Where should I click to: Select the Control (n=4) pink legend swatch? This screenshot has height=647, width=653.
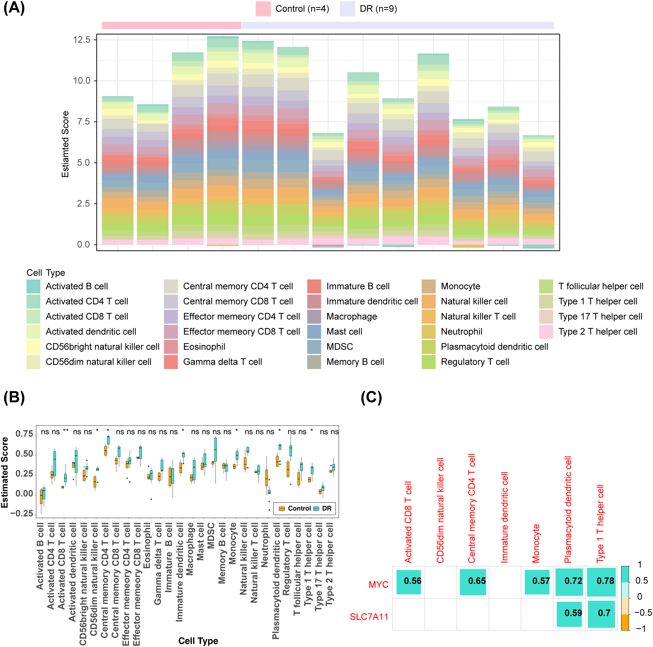(263, 9)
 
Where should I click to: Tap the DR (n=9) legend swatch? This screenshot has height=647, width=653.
(347, 9)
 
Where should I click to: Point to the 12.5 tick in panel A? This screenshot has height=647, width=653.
(82, 40)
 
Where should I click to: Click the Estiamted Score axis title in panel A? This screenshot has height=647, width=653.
(65, 144)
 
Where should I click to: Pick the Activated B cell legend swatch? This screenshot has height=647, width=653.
(33, 286)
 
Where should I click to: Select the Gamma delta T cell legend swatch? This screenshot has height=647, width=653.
(171, 362)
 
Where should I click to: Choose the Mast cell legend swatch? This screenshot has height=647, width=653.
(314, 331)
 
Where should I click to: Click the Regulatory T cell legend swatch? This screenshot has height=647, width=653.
(428, 362)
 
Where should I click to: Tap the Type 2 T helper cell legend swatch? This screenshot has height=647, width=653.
(546, 331)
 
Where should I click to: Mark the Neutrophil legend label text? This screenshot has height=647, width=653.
(461, 331)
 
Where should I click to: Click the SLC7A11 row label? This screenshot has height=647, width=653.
(369, 617)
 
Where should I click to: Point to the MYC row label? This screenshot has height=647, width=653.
(378, 585)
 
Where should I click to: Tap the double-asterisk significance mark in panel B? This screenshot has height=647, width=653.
(66, 431)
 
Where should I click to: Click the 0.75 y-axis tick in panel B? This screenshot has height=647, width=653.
(24, 434)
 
